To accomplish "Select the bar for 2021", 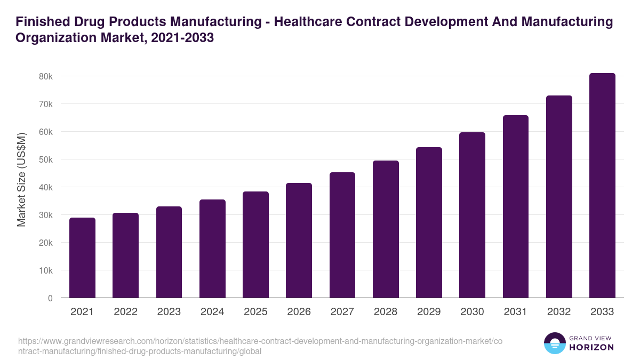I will coord(82,258).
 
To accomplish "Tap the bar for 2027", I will coord(342,235).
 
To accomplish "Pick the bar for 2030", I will coord(472,215).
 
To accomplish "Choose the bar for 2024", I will coord(212,249).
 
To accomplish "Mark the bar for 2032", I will coord(559,197).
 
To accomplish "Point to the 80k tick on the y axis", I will coord(46,76).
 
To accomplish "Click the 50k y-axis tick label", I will coord(46,159).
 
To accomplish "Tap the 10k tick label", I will coord(46,270).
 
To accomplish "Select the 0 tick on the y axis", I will coord(50,298).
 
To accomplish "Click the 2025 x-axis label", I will coord(255,312).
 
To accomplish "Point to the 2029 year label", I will coord(429,312).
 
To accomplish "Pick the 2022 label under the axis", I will coord(125,312).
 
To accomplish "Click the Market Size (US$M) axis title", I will coord(21,180).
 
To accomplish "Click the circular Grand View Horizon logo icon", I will coord(555,343).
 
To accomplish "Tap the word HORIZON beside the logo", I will coord(591,347).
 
